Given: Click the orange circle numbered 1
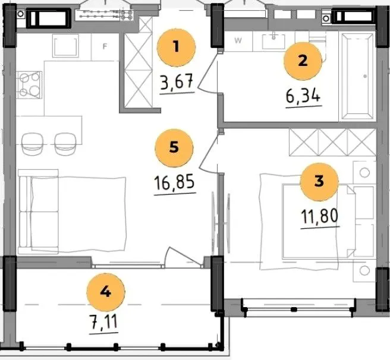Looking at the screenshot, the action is pyautogui.click(x=177, y=48).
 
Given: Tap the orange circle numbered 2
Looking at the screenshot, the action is pyautogui.click(x=303, y=61).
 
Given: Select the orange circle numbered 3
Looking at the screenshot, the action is pyautogui.click(x=319, y=182).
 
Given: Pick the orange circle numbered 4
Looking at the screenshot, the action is pyautogui.click(x=106, y=292).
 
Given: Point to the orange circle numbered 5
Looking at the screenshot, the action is pyautogui.click(x=174, y=148).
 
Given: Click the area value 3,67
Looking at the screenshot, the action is pyautogui.click(x=177, y=82).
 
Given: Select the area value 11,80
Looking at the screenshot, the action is pyautogui.click(x=320, y=216).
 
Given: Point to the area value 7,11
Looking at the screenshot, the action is pyautogui.click(x=103, y=322).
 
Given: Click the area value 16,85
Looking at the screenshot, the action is pyautogui.click(x=174, y=182).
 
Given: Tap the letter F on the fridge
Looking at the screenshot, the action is pyautogui.click(x=105, y=46).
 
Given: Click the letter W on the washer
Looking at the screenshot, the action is pyautogui.click(x=238, y=40).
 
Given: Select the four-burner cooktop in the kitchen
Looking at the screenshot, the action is pyautogui.click(x=29, y=85).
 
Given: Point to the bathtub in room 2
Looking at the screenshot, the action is pyautogui.click(x=357, y=76).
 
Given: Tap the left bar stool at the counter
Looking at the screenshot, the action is pyautogui.click(x=32, y=144).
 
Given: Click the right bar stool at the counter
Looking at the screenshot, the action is pyautogui.click(x=65, y=144).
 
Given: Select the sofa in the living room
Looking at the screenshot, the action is pyautogui.click(x=38, y=211).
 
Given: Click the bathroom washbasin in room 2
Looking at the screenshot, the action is pyautogui.click(x=273, y=41).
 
